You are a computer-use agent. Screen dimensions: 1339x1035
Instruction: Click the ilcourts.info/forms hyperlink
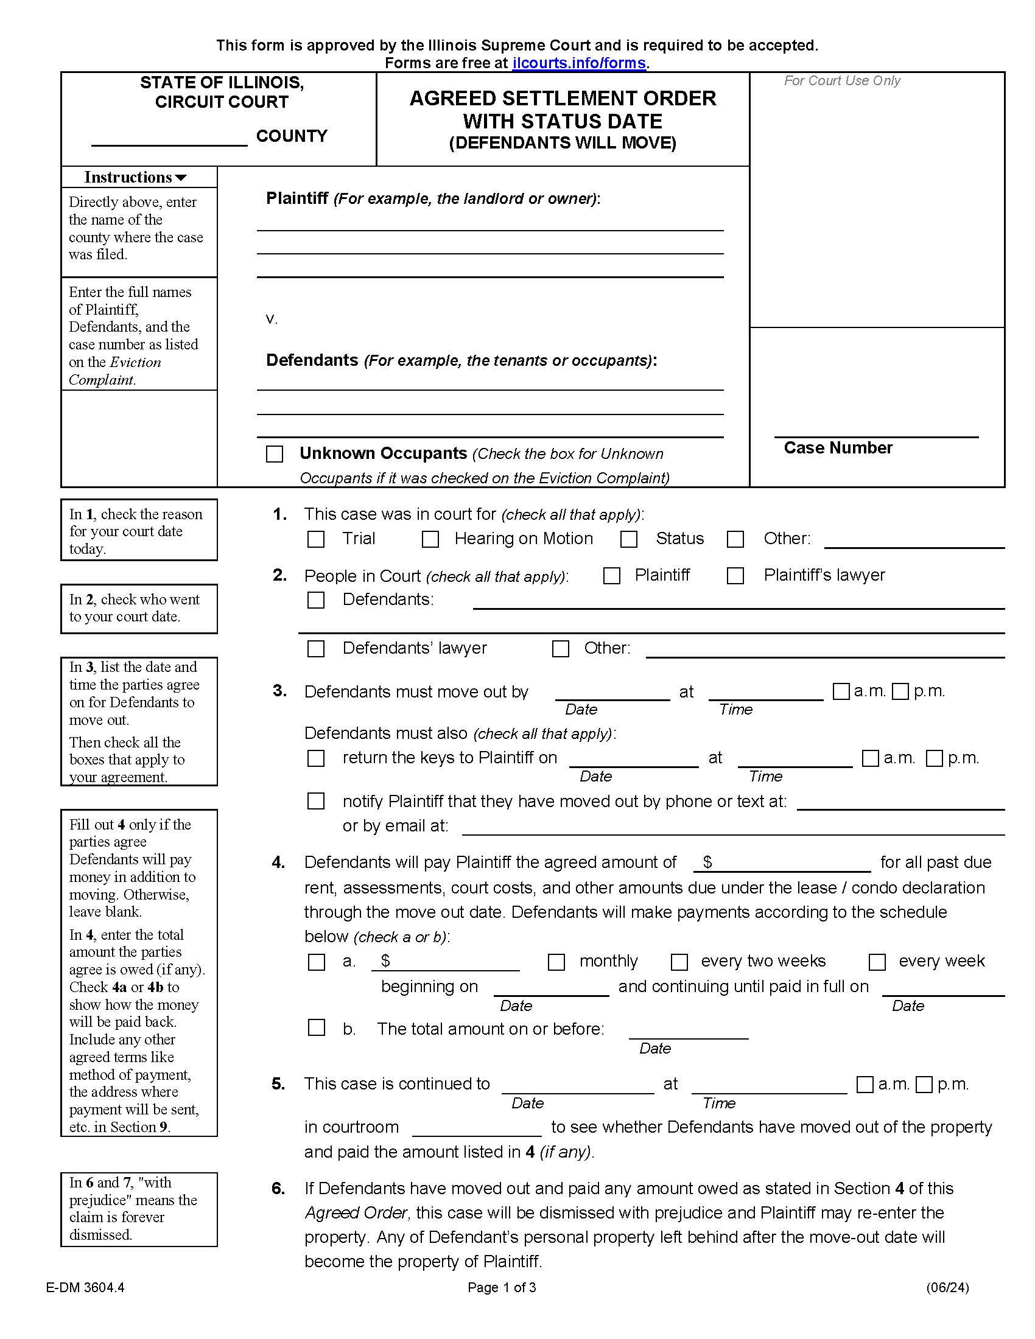point(578,63)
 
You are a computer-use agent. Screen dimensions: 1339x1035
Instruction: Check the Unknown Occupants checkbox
point(275,454)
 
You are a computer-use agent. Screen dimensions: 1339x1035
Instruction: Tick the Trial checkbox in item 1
point(316,539)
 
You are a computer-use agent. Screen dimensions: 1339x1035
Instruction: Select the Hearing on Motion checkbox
point(430,539)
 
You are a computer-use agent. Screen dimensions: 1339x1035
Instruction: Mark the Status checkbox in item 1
point(628,539)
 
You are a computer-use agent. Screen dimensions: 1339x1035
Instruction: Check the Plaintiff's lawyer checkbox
point(735,576)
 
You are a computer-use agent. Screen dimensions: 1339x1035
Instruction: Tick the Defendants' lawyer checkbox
point(316,649)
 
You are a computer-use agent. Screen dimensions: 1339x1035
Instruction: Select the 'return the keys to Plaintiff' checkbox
point(316,758)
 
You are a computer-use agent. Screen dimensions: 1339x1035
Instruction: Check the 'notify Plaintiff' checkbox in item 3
point(316,802)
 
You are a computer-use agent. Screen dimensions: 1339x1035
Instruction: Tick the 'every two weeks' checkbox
point(679,962)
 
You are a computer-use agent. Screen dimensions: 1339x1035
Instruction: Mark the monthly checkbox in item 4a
point(556,962)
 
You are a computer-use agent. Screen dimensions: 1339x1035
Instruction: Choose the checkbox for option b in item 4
point(317,1027)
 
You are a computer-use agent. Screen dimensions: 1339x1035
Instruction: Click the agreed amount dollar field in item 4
point(788,862)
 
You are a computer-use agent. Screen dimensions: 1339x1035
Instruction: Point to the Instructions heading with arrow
point(136,177)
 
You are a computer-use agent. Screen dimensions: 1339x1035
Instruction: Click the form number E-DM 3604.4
point(85,1287)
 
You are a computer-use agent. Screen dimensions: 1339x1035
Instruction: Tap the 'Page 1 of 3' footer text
point(502,1287)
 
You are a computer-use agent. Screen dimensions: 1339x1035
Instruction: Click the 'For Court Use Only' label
point(842,81)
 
